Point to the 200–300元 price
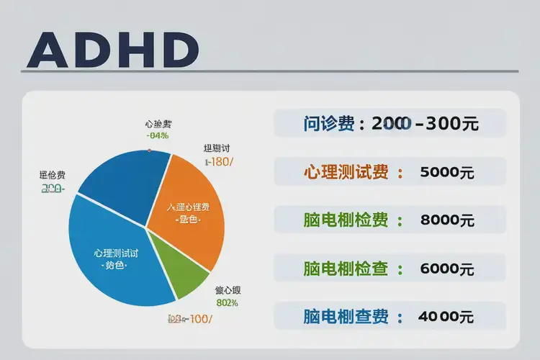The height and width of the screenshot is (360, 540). [425, 123]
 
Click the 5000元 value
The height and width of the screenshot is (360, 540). [446, 173]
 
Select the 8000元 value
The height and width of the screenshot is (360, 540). [446, 220]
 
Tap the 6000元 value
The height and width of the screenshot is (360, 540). [446, 269]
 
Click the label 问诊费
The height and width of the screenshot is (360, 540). [328, 123]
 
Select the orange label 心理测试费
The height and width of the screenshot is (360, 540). [346, 173]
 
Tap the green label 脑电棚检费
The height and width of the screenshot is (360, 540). [346, 220]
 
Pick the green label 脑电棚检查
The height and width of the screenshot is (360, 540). [346, 269]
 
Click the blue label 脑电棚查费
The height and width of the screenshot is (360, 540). [346, 316]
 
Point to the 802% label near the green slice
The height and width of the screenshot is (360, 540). [227, 302]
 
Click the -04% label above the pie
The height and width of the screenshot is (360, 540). [157, 135]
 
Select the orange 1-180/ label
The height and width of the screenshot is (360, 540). [219, 162]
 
